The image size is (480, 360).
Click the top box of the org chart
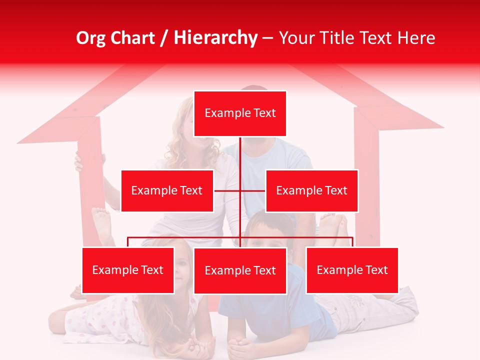[x=240, y=113]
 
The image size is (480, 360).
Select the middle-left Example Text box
[x=167, y=190]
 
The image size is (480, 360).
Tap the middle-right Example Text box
[x=311, y=190]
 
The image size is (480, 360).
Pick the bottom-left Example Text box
[x=128, y=270]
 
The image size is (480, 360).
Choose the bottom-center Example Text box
[x=240, y=270]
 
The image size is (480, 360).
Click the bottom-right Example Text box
[x=352, y=270]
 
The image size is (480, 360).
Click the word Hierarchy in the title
[x=215, y=37]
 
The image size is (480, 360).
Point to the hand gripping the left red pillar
[x=78, y=162]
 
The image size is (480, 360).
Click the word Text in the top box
[x=263, y=113]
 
